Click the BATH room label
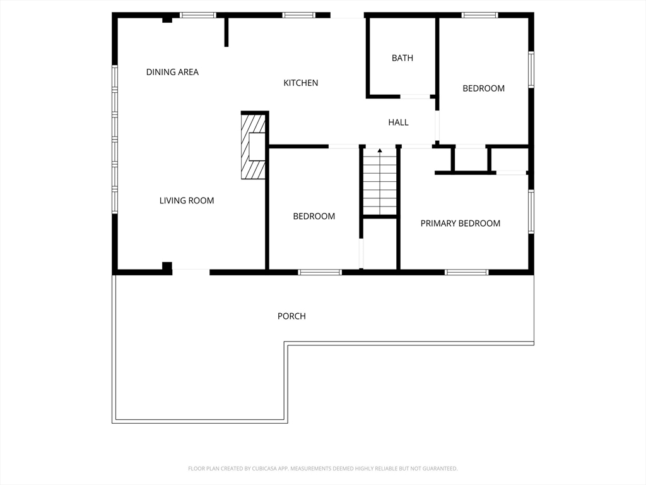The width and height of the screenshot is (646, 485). pyautogui.click(x=402, y=58)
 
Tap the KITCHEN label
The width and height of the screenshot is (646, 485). pyautogui.click(x=301, y=83)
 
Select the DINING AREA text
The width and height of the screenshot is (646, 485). pyautogui.click(x=172, y=72)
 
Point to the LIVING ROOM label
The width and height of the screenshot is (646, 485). pyautogui.click(x=187, y=201)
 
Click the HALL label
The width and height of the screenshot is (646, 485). pyautogui.click(x=399, y=123)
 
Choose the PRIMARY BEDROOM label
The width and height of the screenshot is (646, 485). pyautogui.click(x=460, y=224)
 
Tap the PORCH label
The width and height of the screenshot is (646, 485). pyautogui.click(x=291, y=316)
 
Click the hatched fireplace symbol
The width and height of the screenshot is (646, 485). pyautogui.click(x=253, y=147)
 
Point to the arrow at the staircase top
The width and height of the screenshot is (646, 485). pyautogui.click(x=379, y=152)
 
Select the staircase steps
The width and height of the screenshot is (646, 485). pyautogui.click(x=379, y=181)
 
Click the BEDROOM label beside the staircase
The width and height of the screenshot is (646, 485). pyautogui.click(x=314, y=217)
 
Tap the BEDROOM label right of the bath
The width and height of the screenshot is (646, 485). pyautogui.click(x=483, y=88)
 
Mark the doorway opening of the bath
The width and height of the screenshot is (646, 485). pyautogui.click(x=415, y=97)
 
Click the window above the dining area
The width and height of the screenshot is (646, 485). pyautogui.click(x=197, y=15)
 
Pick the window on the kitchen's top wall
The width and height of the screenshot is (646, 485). pyautogui.click(x=298, y=15)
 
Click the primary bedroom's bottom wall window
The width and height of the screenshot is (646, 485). pyautogui.click(x=466, y=272)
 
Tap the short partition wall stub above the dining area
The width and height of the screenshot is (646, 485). pyautogui.click(x=226, y=32)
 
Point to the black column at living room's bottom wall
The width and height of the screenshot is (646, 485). pyautogui.click(x=167, y=267)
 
